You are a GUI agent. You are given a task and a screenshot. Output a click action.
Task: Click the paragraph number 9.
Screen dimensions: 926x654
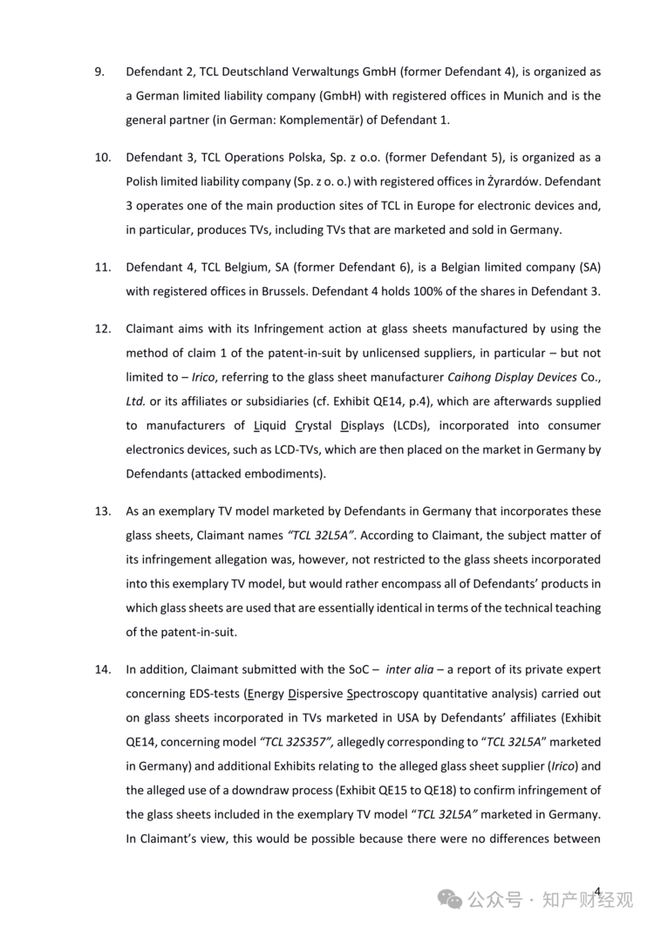tap(100, 72)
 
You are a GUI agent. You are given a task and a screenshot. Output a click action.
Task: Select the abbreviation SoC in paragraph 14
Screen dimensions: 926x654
tap(357, 669)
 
